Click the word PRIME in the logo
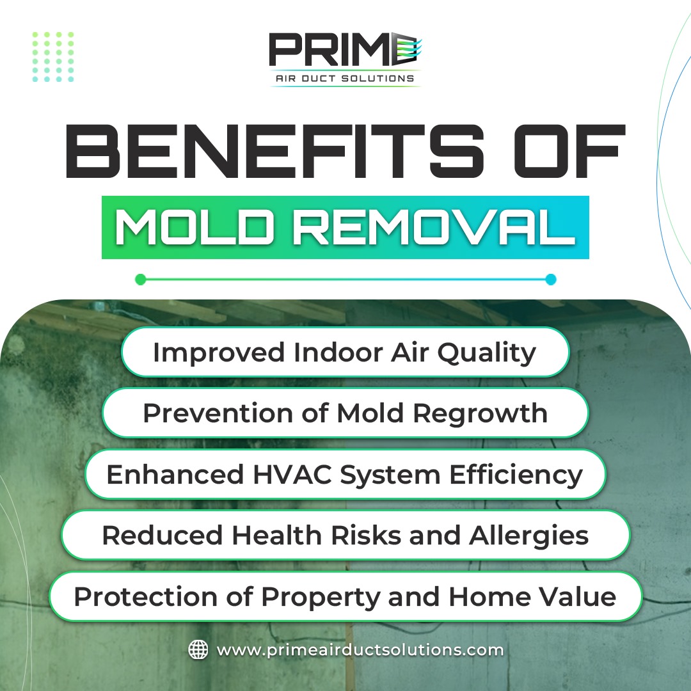tap(345, 49)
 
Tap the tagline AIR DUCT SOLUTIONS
tap(345, 79)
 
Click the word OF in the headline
tap(569, 151)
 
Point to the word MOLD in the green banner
tap(193, 227)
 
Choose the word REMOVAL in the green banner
tap(434, 227)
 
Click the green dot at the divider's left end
tap(141, 280)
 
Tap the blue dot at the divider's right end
tap(551, 280)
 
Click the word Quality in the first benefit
tap(486, 353)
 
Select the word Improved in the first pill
tap(219, 353)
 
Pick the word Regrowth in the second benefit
tap(480, 414)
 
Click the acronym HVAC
tap(292, 475)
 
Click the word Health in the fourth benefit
tap(277, 536)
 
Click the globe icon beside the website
tap(198, 649)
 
